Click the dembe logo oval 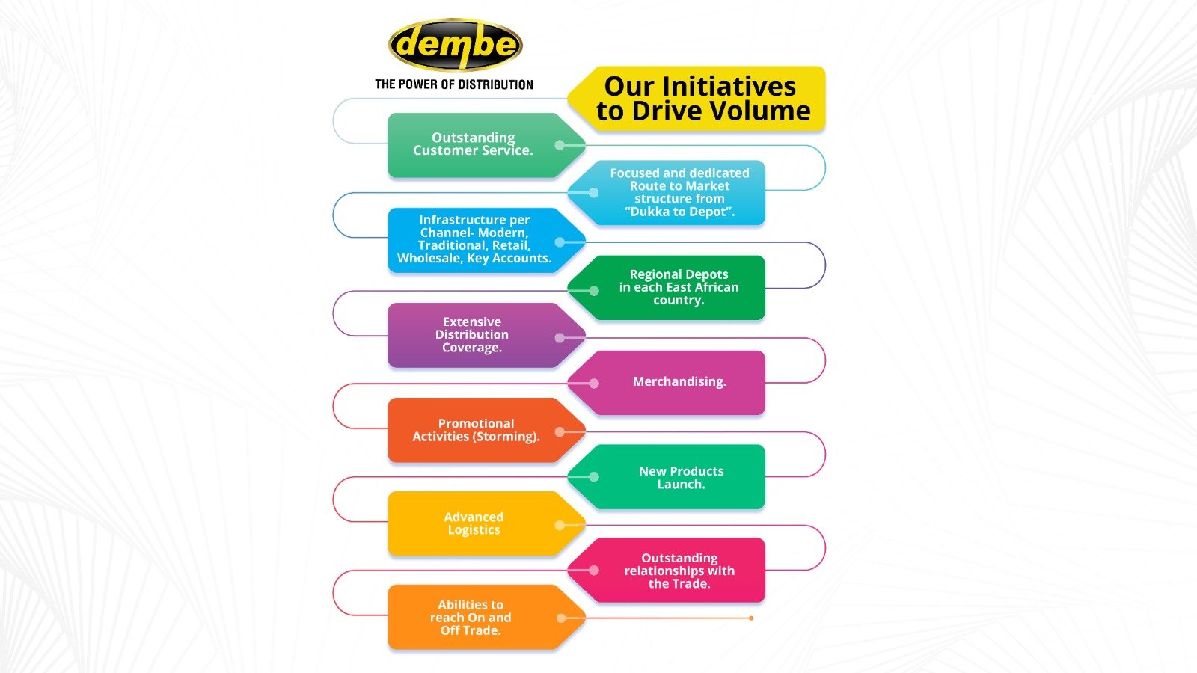pyautogui.click(x=455, y=45)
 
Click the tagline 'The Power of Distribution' pyautogui.click(x=454, y=84)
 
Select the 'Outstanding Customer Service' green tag pyautogui.click(x=473, y=144)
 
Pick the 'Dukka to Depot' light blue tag pyautogui.click(x=679, y=192)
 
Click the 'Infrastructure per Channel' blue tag pyautogui.click(x=474, y=239)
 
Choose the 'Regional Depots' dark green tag pyautogui.click(x=679, y=287)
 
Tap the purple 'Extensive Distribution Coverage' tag pyautogui.click(x=472, y=335)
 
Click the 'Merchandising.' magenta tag pyautogui.click(x=679, y=382)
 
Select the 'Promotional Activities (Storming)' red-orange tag pyautogui.click(x=476, y=430)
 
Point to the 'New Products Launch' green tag pyautogui.click(x=681, y=477)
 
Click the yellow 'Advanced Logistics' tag pyautogui.click(x=474, y=523)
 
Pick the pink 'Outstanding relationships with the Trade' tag pyautogui.click(x=679, y=571)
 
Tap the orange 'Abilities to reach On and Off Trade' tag pyautogui.click(x=471, y=618)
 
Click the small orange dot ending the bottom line pyautogui.click(x=751, y=618)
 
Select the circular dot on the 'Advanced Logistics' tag pyautogui.click(x=560, y=526)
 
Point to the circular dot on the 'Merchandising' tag pyautogui.click(x=593, y=384)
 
